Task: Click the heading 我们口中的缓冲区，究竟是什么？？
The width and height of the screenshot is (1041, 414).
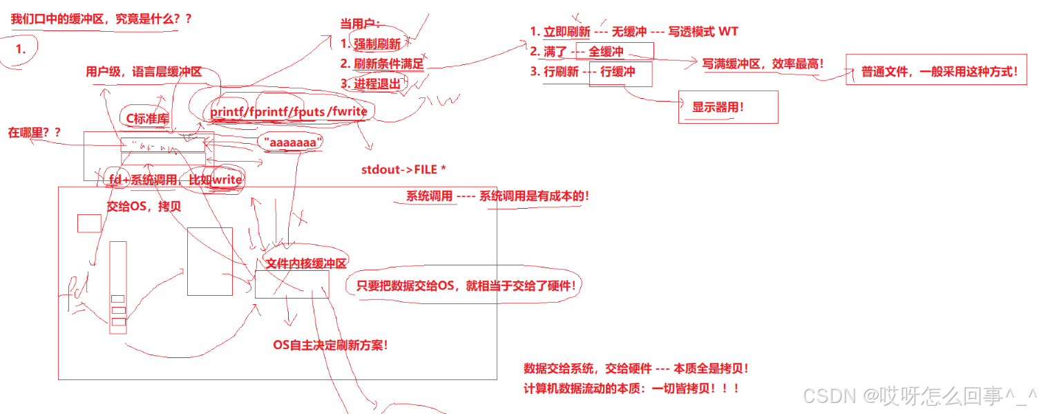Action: point(101,19)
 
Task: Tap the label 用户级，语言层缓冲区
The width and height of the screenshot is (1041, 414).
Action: point(144,72)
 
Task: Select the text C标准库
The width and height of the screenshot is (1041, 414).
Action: point(147,118)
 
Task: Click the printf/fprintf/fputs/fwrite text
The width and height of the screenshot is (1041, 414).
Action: point(289,111)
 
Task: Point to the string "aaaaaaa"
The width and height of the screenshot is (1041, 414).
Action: point(293,142)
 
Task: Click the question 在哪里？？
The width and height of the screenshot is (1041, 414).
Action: point(34,132)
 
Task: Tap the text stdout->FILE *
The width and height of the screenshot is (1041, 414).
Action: point(403,170)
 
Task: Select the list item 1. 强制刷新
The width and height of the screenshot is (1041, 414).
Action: point(370,44)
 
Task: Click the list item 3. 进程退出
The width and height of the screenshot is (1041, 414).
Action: point(370,84)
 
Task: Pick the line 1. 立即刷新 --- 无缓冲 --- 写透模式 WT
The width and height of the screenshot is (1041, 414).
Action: point(633,32)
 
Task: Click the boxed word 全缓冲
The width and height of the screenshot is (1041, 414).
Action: point(606,52)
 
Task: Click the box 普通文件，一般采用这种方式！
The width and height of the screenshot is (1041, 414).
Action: point(939,71)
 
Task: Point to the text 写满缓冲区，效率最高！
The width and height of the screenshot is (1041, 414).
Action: point(763,64)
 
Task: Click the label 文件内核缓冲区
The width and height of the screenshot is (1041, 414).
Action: point(305,263)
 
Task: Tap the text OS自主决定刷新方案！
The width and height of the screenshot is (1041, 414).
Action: point(330,345)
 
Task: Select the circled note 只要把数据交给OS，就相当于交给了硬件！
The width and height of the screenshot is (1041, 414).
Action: point(466,285)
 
